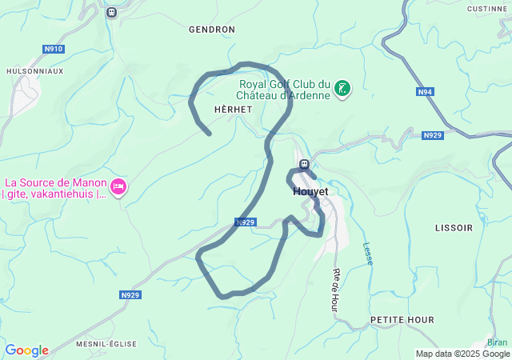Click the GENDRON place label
tap(211, 29)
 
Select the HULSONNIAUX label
tap(34, 70)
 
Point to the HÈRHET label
tap(234, 109)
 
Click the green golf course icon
tap(342, 89)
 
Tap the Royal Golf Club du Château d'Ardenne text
tap(285, 90)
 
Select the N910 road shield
tap(54, 49)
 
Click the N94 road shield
tap(426, 92)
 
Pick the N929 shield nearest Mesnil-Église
tap(130, 295)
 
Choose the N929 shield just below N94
tap(432, 135)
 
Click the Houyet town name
tap(310, 192)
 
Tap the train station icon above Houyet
tap(304, 165)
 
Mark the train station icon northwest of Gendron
tap(111, 12)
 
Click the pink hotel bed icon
tap(118, 187)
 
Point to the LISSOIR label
tap(454, 228)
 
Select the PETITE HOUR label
tap(402, 320)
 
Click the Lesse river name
tap(368, 255)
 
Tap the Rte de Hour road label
tap(335, 290)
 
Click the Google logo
tap(26, 350)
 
